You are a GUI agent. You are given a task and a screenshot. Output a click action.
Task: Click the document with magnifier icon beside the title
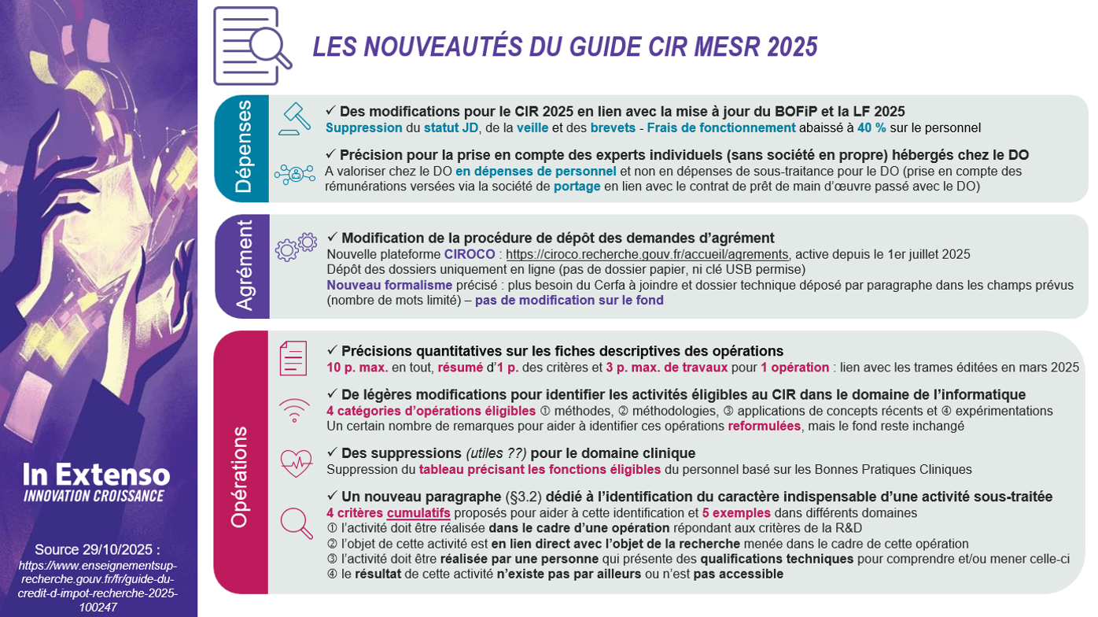(251, 46)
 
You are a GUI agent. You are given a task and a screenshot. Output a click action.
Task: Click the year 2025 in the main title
(792, 47)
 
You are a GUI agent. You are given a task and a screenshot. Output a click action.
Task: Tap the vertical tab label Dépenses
(243, 146)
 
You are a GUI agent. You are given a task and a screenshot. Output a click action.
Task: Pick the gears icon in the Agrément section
(295, 246)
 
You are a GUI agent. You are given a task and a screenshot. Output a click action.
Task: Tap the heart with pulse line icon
(295, 462)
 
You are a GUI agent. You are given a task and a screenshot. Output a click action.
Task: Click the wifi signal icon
(294, 408)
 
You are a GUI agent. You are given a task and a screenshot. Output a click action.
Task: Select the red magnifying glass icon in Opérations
(296, 523)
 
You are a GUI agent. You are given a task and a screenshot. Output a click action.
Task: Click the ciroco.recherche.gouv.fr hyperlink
(647, 254)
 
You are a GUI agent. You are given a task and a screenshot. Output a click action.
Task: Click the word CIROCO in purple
(470, 254)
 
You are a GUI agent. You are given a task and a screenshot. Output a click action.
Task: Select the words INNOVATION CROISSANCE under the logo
(94, 496)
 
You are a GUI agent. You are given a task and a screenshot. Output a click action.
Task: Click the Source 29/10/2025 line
(98, 549)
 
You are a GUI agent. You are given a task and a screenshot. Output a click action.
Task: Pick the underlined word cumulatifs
(418, 513)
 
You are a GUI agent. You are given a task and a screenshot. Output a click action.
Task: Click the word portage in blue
(577, 187)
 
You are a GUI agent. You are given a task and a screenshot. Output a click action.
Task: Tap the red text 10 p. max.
(357, 367)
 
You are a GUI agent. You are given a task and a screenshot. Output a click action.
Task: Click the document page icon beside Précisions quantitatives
(293, 358)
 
